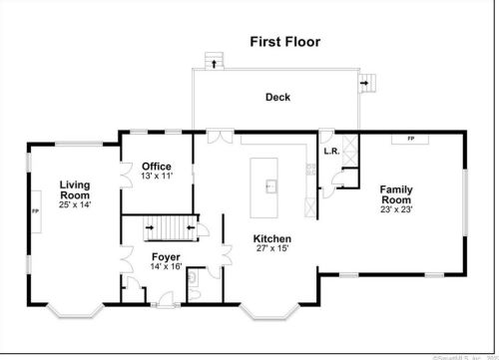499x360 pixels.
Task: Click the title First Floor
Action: tap(283, 42)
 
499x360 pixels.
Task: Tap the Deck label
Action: tap(277, 97)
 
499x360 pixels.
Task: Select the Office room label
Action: tap(156, 166)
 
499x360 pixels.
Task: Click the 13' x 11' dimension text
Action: tap(157, 176)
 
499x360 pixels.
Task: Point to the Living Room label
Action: tap(74, 189)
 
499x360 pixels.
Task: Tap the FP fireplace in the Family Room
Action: tap(410, 140)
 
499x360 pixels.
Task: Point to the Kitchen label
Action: tap(271, 238)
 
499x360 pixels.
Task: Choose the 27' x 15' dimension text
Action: tap(271, 249)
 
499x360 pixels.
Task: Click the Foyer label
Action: tap(166, 256)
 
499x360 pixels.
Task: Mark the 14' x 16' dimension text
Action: tap(166, 267)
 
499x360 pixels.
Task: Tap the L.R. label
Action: tap(331, 152)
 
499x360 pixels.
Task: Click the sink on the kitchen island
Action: tap(269, 184)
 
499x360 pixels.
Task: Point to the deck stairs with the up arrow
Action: tap(212, 61)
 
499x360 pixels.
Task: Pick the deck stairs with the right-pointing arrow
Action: tap(368, 83)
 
